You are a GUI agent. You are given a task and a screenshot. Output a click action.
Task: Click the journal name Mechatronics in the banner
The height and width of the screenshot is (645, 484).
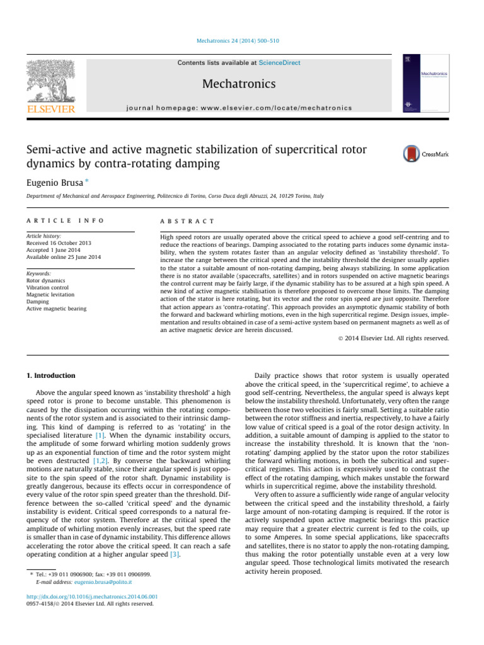239,84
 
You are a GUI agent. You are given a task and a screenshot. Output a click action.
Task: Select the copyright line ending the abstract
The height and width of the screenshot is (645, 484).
396,338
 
